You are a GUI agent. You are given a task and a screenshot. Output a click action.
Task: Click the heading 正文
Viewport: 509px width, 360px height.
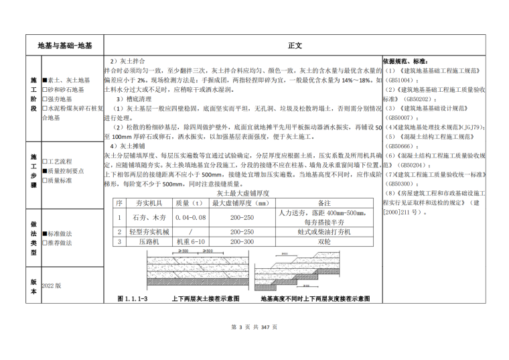tap(295, 46)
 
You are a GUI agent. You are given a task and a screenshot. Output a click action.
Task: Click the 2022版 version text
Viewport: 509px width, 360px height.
tap(52, 285)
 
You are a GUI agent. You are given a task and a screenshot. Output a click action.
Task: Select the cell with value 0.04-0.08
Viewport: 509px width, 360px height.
tap(191, 218)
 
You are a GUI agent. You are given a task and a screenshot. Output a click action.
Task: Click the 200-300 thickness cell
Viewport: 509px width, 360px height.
tap(242, 241)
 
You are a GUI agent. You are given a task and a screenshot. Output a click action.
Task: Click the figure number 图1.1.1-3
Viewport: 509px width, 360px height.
tap(132, 298)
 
